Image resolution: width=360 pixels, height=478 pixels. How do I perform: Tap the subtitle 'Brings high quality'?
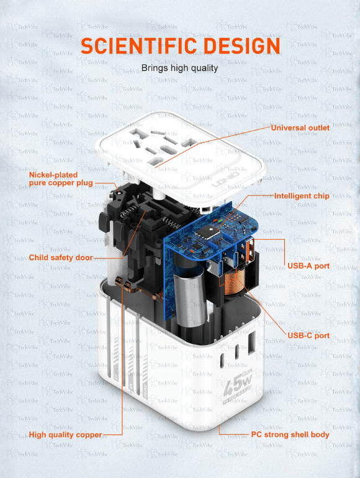[179, 68]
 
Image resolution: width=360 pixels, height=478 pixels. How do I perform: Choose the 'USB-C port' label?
[308, 335]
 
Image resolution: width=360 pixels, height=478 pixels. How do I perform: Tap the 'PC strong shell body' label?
[290, 435]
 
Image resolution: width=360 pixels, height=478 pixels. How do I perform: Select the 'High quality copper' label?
[65, 435]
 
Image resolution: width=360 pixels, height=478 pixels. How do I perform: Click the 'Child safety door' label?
[61, 258]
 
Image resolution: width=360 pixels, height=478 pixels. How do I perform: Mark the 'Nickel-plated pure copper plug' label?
[61, 179]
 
